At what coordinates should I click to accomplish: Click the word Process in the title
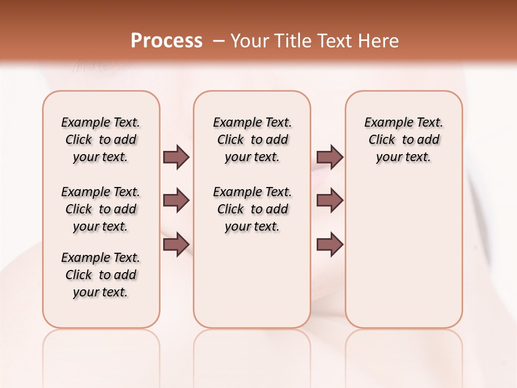(x=166, y=41)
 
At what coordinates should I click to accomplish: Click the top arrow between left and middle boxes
(x=176, y=157)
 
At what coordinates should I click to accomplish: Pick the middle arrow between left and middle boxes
(x=176, y=200)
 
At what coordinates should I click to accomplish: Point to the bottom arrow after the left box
(x=176, y=244)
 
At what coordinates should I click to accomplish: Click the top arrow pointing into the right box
(x=330, y=157)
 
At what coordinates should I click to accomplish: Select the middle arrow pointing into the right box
(x=330, y=200)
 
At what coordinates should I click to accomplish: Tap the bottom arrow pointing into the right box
(x=330, y=244)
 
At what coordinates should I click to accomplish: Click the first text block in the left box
(x=101, y=140)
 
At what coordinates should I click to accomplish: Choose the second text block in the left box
(x=101, y=209)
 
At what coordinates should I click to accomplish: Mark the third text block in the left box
(x=101, y=275)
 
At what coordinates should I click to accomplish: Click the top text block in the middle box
(x=252, y=140)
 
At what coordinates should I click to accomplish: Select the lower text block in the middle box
(x=252, y=209)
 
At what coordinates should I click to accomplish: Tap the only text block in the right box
(x=403, y=140)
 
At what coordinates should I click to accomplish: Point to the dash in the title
(x=219, y=41)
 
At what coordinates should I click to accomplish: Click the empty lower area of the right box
(x=403, y=259)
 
